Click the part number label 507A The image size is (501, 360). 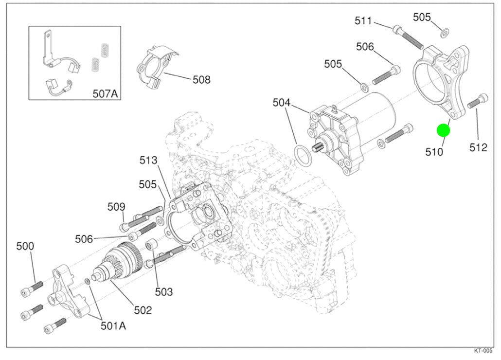105,93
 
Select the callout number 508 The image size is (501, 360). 201,79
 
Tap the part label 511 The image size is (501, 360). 363,21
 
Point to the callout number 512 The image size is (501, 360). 478,147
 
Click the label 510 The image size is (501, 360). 434,152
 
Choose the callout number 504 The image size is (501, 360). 282,103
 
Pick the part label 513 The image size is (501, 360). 148,160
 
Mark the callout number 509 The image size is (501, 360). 116,207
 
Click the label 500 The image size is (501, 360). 25,246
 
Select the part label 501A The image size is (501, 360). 113,326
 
